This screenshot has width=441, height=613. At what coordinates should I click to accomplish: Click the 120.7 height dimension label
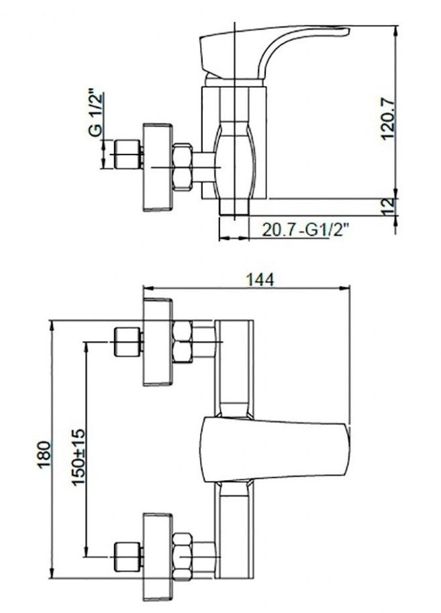tap(389, 119)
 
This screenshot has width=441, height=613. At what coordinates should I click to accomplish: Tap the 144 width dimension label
tap(260, 279)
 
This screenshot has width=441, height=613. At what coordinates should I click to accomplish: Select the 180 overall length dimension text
tap(44, 454)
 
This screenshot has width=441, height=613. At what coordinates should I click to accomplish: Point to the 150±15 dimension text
tap(78, 457)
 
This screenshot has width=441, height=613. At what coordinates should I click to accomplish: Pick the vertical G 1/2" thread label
tap(96, 113)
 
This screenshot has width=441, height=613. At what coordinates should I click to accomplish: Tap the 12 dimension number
tap(388, 206)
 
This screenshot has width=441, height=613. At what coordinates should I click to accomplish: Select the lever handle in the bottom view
tap(276, 450)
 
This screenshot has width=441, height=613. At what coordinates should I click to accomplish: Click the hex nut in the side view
tap(183, 167)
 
